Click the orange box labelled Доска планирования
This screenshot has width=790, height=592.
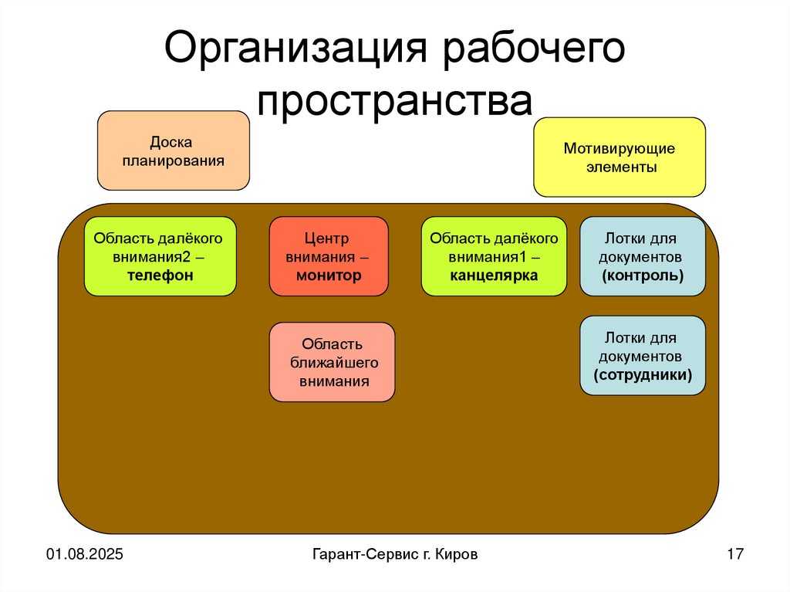coord(174,151)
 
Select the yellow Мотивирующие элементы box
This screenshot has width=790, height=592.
coord(620,157)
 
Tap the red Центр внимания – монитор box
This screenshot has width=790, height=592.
coord(329,256)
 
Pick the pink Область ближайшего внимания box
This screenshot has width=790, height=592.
coord(332,362)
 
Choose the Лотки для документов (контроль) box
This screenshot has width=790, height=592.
coord(642,256)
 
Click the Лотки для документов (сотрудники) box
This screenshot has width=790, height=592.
coord(642,356)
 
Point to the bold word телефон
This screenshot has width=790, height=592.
coord(160,276)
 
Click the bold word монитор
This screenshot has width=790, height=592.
coord(329,276)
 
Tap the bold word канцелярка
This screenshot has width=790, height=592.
coord(494,276)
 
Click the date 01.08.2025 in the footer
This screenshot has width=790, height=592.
coord(85,554)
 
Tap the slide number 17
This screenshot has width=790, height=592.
coord(734,554)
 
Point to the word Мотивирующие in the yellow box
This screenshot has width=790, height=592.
coord(620,147)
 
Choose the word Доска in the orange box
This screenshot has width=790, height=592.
coord(170,142)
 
